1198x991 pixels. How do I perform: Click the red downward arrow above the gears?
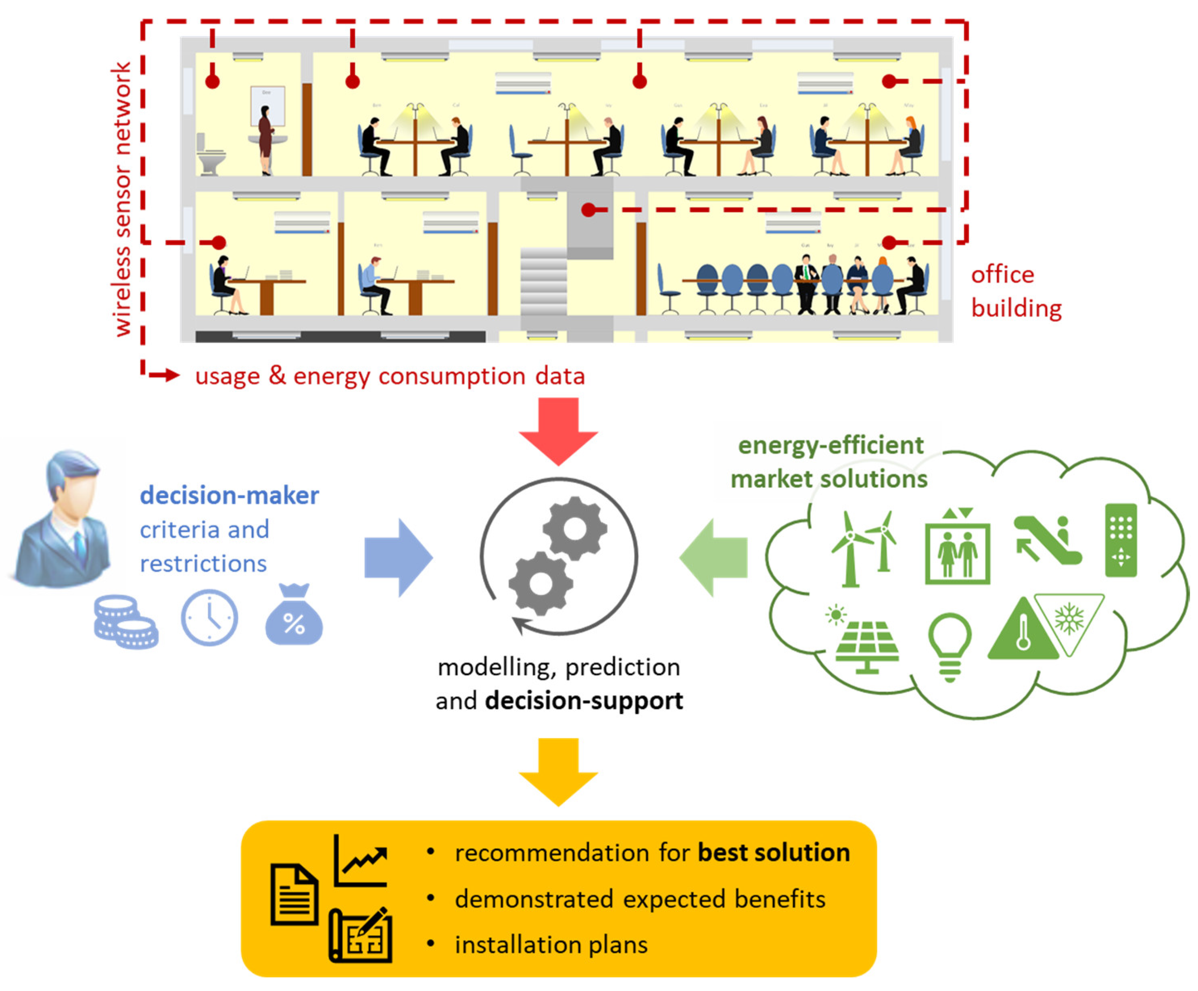pos(558,431)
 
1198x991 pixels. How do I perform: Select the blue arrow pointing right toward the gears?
pos(398,557)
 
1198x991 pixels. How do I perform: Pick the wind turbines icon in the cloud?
pos(862,548)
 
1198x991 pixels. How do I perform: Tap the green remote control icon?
pos(1121,540)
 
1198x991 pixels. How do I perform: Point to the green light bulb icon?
pos(950,645)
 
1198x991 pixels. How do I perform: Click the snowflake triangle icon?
pos(1069,619)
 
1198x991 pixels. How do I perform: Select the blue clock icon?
pos(209,617)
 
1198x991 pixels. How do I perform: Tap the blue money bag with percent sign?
pos(294,617)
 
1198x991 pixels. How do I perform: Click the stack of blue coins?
pos(125,622)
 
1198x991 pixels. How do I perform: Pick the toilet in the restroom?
pos(209,155)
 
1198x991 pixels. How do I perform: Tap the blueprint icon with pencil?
pos(361,936)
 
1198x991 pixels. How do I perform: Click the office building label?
pos(1015,291)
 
